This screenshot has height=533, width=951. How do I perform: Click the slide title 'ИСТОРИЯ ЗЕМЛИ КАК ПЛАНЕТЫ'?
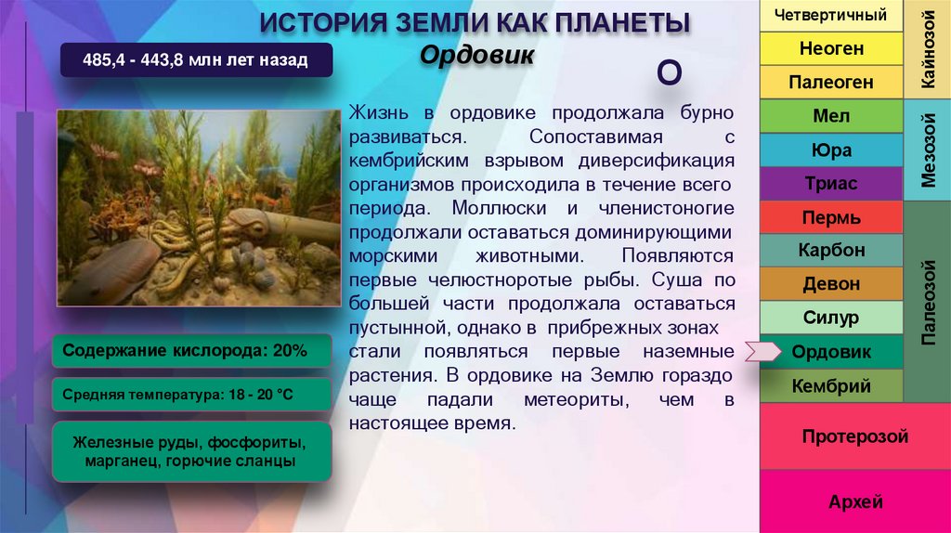pyautogui.click(x=474, y=21)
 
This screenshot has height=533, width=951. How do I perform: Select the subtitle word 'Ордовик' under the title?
pyautogui.click(x=476, y=54)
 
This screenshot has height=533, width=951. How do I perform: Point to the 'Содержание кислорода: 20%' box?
pyautogui.click(x=191, y=351)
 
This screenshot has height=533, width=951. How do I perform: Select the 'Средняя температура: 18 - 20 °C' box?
pyautogui.click(x=191, y=395)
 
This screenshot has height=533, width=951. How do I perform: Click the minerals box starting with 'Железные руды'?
pyautogui.click(x=191, y=451)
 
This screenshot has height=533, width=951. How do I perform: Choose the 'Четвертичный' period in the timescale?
pyautogui.click(x=830, y=15)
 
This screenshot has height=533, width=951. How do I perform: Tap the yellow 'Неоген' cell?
pyautogui.click(x=830, y=48)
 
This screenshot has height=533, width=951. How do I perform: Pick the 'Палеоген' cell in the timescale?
pyautogui.click(x=830, y=83)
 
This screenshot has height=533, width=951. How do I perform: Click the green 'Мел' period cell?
pyautogui.click(x=830, y=117)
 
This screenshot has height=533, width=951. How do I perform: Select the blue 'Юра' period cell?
pyautogui.click(x=830, y=150)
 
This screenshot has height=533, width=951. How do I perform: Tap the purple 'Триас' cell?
pyautogui.click(x=830, y=184)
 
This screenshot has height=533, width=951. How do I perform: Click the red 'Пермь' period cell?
pyautogui.click(x=830, y=218)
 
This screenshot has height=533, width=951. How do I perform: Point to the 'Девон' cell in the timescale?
pyautogui.click(x=830, y=284)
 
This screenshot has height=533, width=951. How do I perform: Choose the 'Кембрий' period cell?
pyautogui.click(x=830, y=385)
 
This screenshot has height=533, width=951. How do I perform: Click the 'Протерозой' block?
pyautogui.click(x=854, y=436)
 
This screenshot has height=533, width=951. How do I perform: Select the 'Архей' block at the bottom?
pyautogui.click(x=854, y=502)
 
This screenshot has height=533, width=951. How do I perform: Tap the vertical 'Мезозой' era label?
pyautogui.click(x=926, y=149)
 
